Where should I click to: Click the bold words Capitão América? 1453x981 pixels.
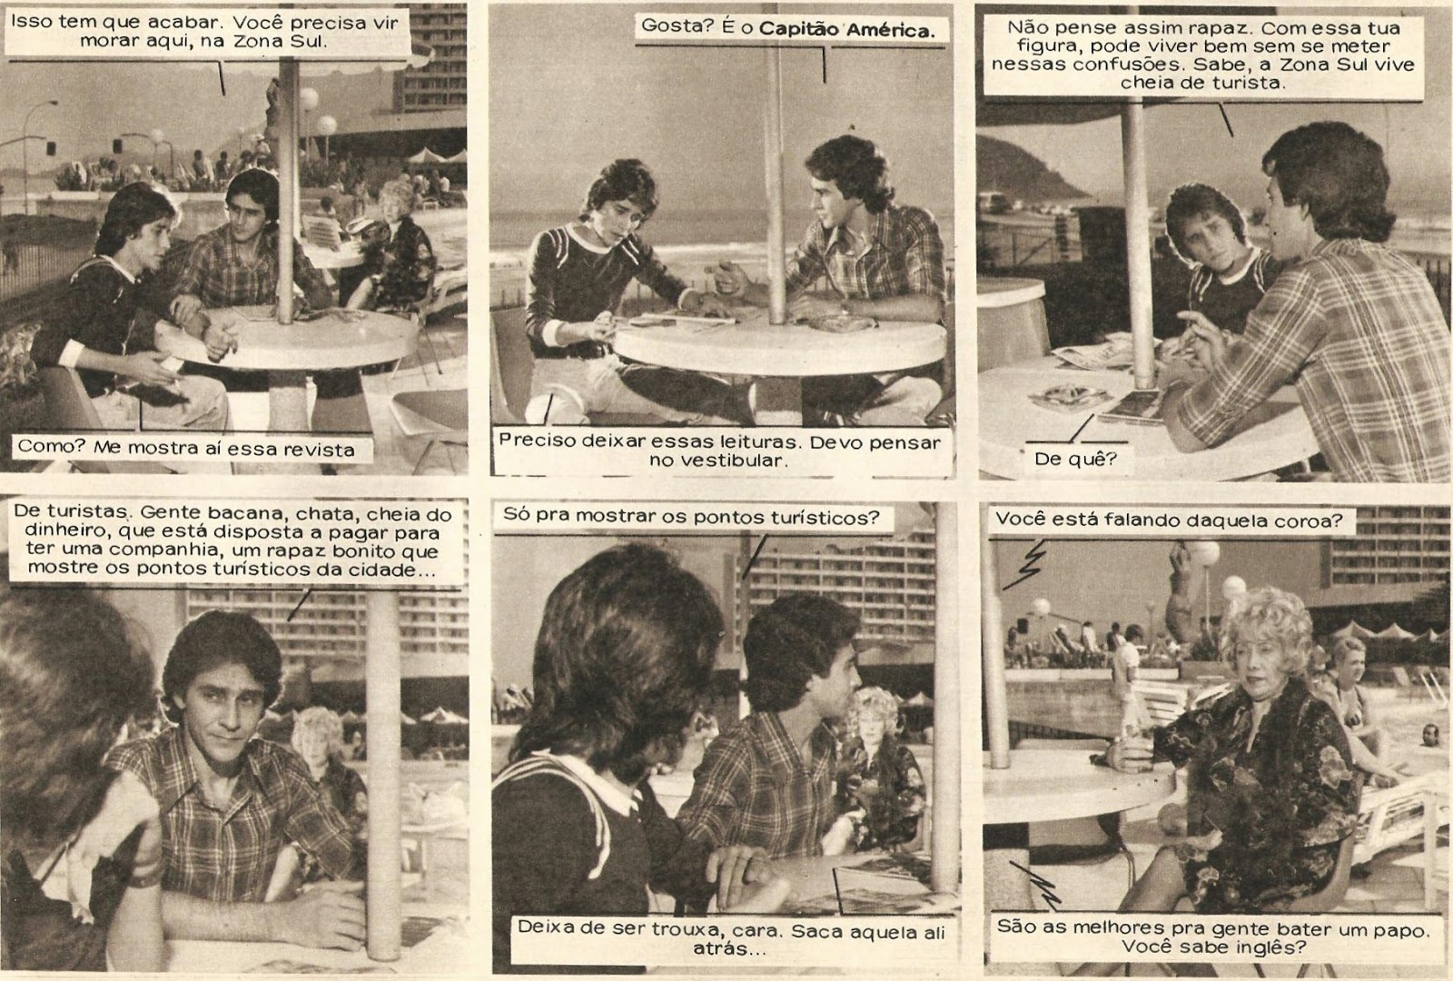846,30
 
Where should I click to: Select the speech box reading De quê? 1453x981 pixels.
1076,459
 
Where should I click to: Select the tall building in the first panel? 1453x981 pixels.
430,57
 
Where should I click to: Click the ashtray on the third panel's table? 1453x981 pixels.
1063,396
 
